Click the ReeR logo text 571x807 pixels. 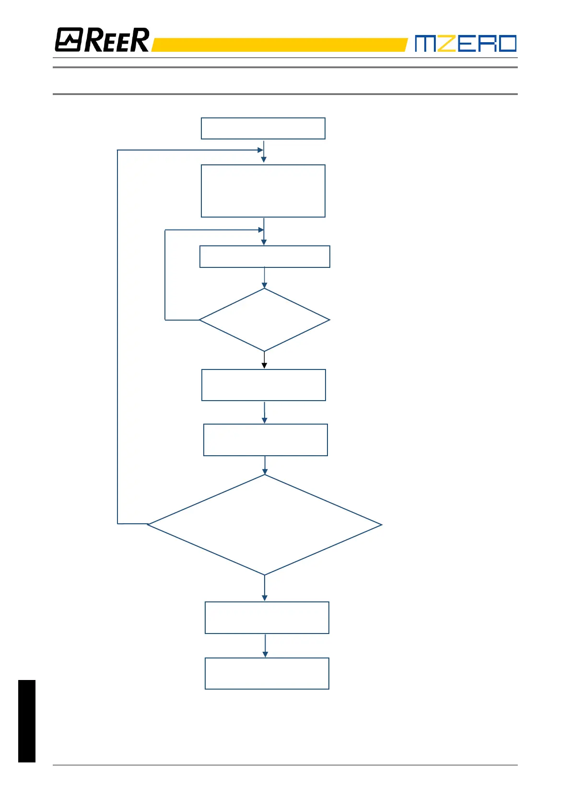[117, 40]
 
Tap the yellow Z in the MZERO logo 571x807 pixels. [446, 43]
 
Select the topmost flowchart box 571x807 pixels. [263, 128]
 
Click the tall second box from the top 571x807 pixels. [263, 191]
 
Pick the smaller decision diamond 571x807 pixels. [264, 320]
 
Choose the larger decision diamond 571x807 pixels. [264, 525]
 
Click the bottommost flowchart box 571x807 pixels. [267, 673]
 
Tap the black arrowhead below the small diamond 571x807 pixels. [264, 366]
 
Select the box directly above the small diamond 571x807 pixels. [265, 256]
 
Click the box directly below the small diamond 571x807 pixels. [264, 385]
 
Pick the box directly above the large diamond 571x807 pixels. [266, 440]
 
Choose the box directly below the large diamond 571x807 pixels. [267, 618]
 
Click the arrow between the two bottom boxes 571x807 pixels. [265, 646]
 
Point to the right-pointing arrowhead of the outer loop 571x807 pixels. [260, 150]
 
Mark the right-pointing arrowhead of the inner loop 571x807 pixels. [261, 230]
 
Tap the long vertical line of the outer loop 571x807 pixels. [117, 335]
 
